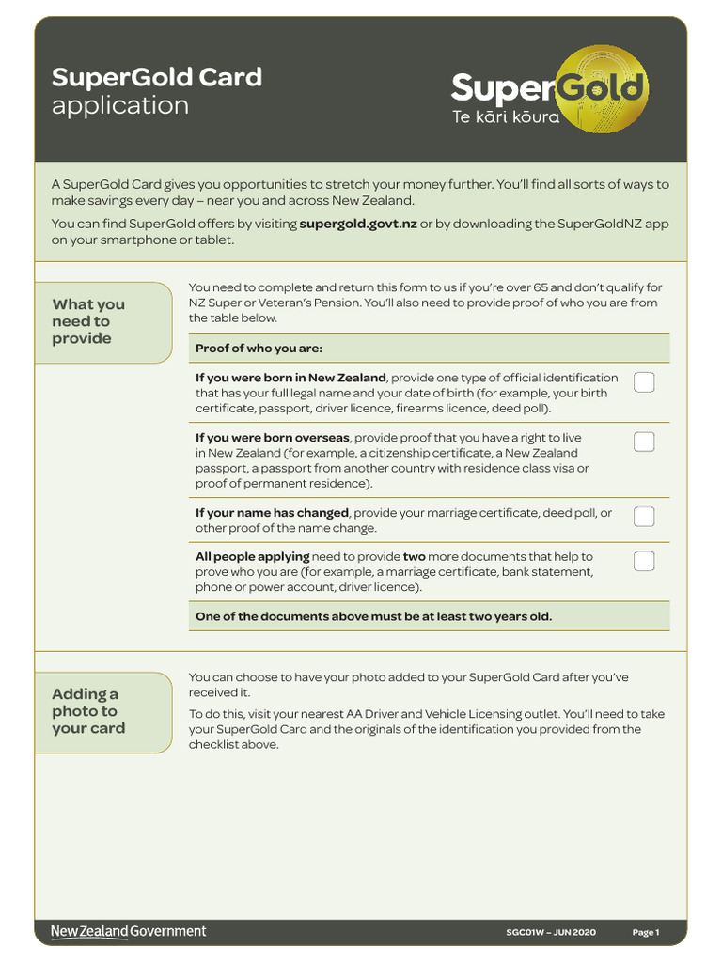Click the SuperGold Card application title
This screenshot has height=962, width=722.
click(156, 90)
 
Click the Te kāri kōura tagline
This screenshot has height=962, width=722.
click(506, 118)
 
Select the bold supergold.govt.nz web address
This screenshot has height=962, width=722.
click(357, 224)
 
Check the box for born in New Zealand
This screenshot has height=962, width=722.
click(644, 382)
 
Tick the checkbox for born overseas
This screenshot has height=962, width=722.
click(644, 442)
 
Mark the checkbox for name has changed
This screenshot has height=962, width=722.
click(644, 517)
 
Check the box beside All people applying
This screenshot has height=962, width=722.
click(644, 561)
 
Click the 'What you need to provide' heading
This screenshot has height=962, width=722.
click(88, 321)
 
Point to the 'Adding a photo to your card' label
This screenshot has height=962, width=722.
click(88, 711)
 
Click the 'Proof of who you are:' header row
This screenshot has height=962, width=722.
click(259, 349)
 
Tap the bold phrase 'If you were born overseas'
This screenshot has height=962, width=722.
click(273, 438)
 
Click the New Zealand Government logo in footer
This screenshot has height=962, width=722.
click(128, 932)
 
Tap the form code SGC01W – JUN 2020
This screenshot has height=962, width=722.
click(551, 933)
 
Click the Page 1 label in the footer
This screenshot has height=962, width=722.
click(646, 933)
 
